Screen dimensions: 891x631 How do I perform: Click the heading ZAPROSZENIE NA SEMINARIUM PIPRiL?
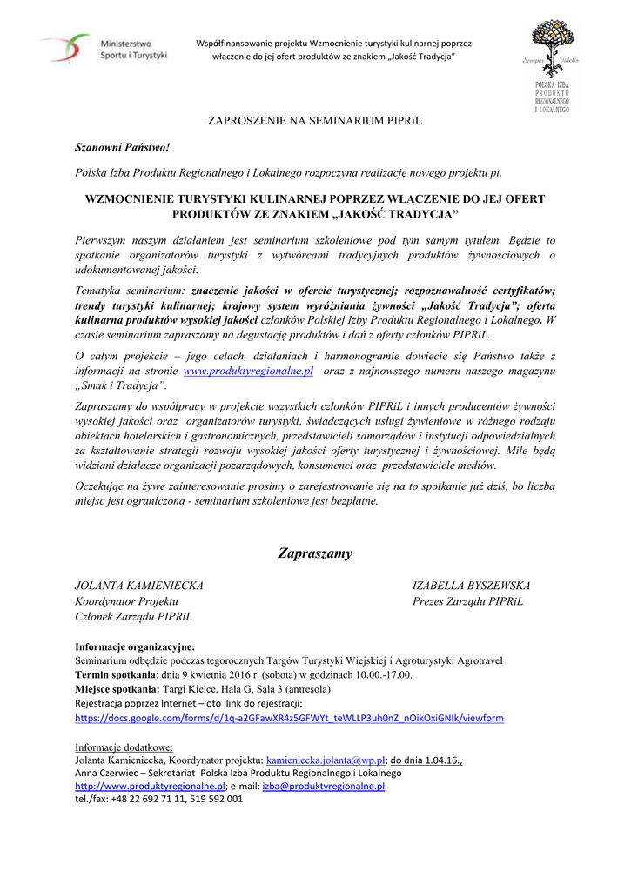click(x=314, y=120)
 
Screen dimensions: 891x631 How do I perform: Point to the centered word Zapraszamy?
click(x=315, y=553)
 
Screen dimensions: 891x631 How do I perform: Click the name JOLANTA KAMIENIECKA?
click(x=139, y=586)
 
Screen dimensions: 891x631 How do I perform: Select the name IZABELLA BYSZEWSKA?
click(x=471, y=586)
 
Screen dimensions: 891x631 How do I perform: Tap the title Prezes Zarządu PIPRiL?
click(x=467, y=601)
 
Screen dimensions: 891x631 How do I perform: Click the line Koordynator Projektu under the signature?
click(x=127, y=601)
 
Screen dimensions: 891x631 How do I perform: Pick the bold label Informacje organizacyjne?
click(x=135, y=646)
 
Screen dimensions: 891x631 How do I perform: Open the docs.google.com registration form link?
click(x=290, y=718)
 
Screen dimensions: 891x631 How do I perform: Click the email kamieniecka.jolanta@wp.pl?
click(x=326, y=760)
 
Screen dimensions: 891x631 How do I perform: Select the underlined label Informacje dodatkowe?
click(x=124, y=747)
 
